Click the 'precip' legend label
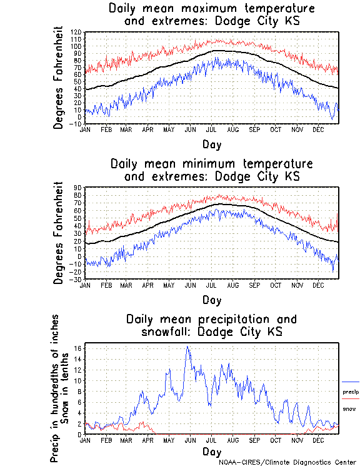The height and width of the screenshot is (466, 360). [x=350, y=392]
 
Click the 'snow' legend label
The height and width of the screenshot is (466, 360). [x=349, y=409]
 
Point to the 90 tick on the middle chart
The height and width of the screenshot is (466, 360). [x=78, y=188]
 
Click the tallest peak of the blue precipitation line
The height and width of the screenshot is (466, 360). [x=187, y=347]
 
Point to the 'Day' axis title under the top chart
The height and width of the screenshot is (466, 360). [x=211, y=144]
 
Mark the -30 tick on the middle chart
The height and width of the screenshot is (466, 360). [x=77, y=279]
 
